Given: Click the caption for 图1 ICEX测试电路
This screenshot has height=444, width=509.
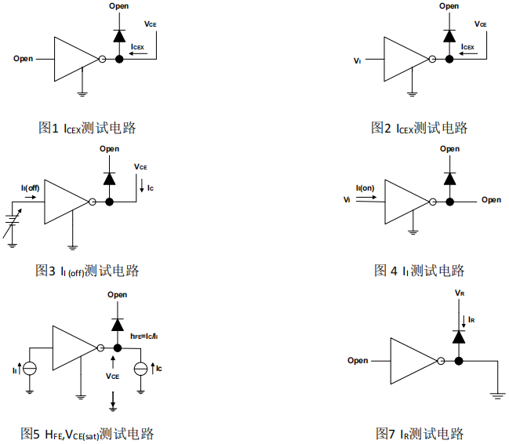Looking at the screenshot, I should [87, 128].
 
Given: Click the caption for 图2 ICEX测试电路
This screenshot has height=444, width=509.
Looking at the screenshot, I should [419, 128].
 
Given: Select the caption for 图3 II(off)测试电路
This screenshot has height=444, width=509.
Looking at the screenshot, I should [87, 271].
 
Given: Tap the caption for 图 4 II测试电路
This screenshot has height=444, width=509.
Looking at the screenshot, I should [419, 271].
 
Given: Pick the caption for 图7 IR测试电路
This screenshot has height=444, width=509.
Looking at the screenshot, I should [419, 433].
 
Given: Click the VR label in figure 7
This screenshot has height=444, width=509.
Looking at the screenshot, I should [460, 293].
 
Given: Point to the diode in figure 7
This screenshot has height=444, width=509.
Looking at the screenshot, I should [459, 337].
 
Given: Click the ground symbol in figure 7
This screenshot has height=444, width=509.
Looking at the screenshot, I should [497, 395].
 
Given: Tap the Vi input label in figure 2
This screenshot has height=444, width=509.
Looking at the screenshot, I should [358, 60].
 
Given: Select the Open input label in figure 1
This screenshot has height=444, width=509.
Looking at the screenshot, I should [24, 59].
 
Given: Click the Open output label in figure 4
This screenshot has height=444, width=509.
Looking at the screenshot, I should [491, 200].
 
